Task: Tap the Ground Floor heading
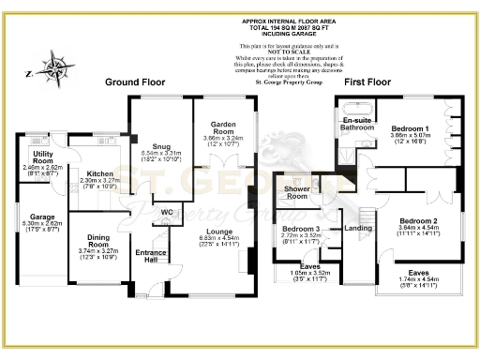pyautogui.click(x=135, y=82)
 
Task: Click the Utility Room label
pyautogui.click(x=41, y=154)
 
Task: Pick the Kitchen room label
pyautogui.click(x=99, y=174)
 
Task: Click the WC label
pyautogui.click(x=168, y=211)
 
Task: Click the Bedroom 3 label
pyautogui.click(x=303, y=229)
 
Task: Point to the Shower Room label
pyautogui.click(x=297, y=192)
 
